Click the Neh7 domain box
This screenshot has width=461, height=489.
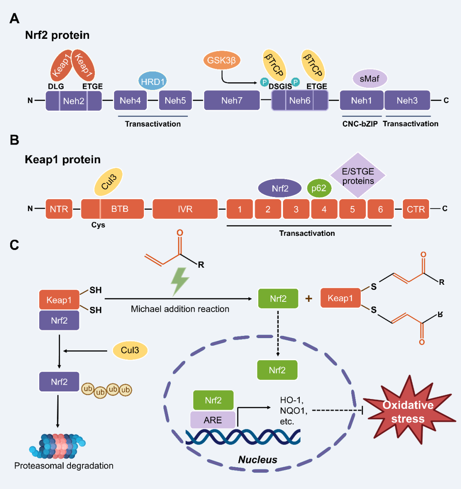(232, 101)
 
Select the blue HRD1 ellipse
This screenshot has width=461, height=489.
(152, 81)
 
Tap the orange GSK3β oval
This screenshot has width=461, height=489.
(222, 60)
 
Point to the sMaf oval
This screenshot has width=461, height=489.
(370, 78)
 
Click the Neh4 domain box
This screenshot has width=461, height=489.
(130, 101)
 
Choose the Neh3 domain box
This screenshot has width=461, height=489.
(407, 101)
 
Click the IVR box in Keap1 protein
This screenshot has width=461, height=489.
(185, 209)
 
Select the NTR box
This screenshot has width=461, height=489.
(59, 209)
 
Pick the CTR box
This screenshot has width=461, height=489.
(416, 209)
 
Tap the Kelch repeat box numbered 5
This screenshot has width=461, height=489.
(352, 209)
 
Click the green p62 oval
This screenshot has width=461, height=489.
(319, 188)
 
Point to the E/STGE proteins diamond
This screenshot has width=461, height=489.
(358, 175)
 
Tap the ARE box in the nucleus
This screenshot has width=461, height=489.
(213, 420)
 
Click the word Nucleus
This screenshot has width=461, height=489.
(258, 460)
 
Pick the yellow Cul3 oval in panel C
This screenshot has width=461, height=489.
(130, 350)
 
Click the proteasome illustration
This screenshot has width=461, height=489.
(58, 446)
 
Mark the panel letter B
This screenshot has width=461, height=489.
(15, 140)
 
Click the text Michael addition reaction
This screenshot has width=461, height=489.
(180, 309)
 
